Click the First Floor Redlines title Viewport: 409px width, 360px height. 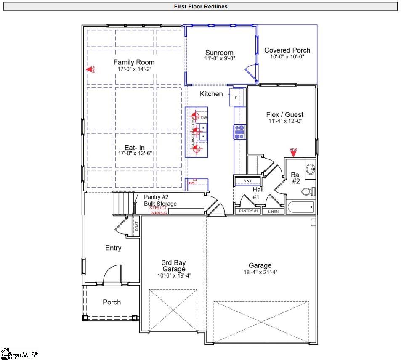200,6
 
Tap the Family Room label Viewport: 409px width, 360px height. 134,62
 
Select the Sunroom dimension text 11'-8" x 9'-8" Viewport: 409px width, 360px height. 219,59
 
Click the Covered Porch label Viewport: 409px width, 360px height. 287,50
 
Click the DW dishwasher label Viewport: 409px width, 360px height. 204,118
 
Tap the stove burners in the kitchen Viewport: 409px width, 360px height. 239,132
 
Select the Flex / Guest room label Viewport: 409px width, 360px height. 284,114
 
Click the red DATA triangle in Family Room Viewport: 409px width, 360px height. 89,70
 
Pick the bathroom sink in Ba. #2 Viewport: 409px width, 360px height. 311,169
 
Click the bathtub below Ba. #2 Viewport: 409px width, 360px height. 300,207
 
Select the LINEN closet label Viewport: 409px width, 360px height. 273,211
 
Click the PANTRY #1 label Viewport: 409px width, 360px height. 248,211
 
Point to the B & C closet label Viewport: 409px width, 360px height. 248,181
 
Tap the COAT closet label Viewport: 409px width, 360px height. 136,226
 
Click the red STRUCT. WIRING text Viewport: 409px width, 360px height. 158,210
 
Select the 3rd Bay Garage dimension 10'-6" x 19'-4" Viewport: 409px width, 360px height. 173,275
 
